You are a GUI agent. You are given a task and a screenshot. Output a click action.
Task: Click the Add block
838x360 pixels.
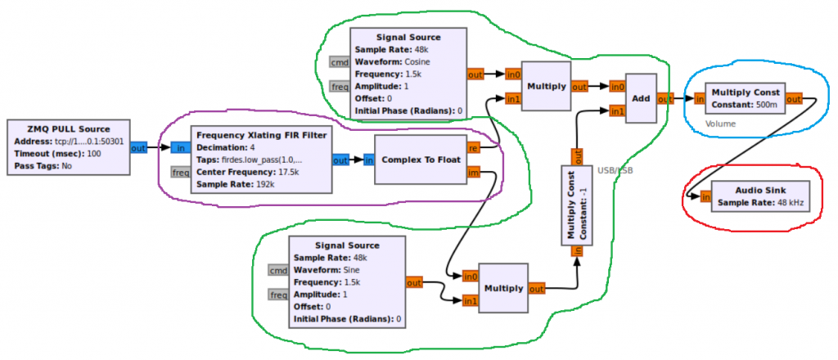642,97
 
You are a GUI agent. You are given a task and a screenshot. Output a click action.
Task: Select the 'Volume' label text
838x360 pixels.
722,124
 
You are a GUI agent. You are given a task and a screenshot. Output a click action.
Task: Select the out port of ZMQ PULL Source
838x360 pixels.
138,148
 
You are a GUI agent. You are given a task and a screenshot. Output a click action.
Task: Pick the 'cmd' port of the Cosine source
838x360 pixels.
340,62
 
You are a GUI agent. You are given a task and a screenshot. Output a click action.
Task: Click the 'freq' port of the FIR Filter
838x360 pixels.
181,173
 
